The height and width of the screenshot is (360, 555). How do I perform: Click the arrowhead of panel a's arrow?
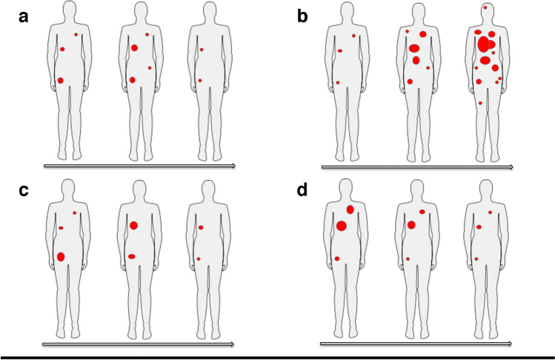(233, 166)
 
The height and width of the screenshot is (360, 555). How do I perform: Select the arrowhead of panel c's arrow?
(233, 344)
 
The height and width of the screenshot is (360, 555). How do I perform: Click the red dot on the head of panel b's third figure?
(485, 7)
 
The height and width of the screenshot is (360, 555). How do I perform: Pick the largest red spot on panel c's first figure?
(61, 256)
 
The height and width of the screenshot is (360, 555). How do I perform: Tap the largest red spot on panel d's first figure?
(342, 226)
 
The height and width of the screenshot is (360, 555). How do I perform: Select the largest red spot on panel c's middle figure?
(133, 225)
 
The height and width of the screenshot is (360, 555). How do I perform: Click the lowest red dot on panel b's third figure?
(480, 103)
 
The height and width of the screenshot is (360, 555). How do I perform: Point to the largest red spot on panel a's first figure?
(61, 80)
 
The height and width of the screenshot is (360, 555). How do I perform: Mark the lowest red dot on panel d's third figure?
(476, 259)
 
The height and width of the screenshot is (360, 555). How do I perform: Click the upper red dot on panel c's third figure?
(201, 227)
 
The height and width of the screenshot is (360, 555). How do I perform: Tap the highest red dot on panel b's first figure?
(353, 36)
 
